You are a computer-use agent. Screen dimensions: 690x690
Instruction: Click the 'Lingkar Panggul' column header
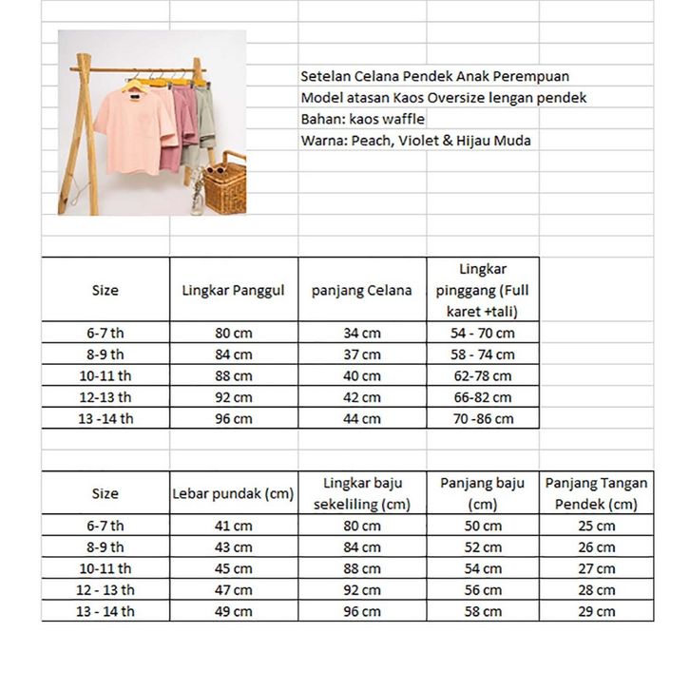pos(234,290)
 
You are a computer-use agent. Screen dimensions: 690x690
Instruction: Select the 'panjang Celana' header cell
pos(362,290)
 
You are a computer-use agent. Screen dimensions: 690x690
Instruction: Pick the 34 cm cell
pos(362,333)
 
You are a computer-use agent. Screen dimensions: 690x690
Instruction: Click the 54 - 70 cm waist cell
pos(482,333)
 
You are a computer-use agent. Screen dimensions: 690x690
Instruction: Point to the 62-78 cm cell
pos(482,375)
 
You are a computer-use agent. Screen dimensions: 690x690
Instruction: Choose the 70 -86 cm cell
pos(482,418)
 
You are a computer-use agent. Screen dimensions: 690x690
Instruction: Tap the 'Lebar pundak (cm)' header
pos(234,493)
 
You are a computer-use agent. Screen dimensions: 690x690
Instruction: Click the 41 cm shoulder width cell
pos(234,526)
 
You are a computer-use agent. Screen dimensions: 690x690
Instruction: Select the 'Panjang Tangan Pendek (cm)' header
pos(597,493)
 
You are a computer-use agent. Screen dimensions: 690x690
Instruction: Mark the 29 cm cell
pos(597,611)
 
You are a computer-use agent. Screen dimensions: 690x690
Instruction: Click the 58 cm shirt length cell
pos(482,611)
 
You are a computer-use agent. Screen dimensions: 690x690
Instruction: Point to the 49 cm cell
pos(234,611)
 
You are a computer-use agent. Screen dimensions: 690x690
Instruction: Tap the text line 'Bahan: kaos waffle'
pos(362,119)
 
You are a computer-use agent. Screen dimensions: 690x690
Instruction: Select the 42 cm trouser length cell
pos(362,397)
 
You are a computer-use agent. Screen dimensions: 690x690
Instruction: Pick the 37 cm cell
pos(362,355)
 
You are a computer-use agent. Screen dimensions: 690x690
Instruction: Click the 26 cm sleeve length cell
pos(597,547)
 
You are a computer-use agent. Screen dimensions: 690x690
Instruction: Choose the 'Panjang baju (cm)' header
pos(482,493)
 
